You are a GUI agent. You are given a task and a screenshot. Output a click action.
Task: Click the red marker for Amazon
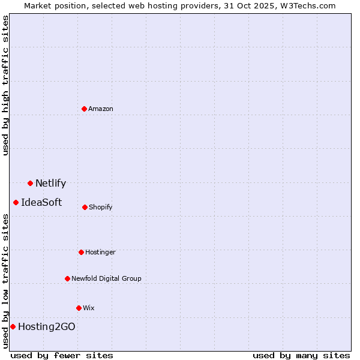point(84,109)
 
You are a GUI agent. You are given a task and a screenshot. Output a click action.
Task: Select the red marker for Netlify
point(30,183)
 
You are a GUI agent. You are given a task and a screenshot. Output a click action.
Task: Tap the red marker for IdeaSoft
point(16,202)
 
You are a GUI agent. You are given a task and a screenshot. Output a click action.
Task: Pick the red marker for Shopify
point(85,207)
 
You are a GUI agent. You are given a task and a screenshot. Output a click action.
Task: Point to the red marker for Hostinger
point(81,252)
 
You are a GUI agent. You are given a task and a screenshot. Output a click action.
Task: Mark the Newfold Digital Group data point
point(67,278)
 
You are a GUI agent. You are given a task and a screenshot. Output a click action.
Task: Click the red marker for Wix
point(79,308)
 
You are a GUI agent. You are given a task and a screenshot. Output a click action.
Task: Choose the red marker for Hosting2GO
point(13,326)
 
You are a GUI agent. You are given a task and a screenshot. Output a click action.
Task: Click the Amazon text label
point(101,109)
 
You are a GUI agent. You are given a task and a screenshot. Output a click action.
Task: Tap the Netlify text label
point(50,184)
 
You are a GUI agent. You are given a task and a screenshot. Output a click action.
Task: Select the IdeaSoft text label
point(41,203)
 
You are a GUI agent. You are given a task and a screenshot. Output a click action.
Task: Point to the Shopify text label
point(101,207)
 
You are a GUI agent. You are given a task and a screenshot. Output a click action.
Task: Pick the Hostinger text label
point(100,252)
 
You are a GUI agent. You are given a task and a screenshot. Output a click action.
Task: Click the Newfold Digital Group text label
point(106,278)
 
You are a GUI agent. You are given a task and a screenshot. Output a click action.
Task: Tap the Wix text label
point(89,308)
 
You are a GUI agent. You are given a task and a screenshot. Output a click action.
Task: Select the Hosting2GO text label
point(47,327)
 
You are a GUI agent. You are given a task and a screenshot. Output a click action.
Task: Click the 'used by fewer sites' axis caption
point(62,355)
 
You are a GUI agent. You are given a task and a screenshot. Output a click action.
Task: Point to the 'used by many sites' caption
point(301,355)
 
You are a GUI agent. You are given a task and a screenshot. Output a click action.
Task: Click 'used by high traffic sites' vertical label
point(5,85)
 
